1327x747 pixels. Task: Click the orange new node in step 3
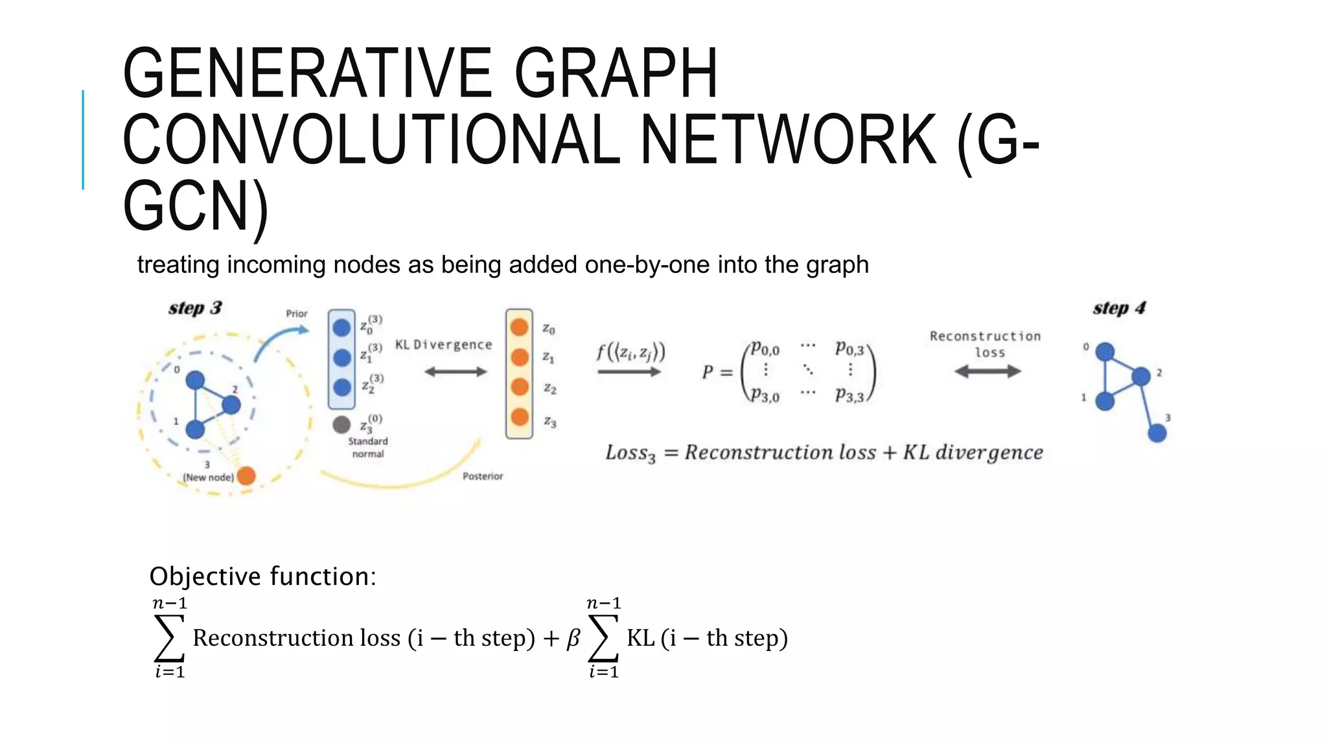click(x=246, y=476)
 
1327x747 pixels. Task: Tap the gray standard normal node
click(x=341, y=425)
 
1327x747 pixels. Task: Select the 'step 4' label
click(x=1119, y=308)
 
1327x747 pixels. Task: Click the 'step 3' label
click(x=195, y=308)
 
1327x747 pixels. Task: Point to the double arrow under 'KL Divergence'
click(x=455, y=372)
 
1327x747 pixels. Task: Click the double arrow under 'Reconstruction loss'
click(x=987, y=372)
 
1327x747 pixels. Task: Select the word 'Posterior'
click(x=483, y=476)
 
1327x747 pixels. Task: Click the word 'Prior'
click(x=297, y=314)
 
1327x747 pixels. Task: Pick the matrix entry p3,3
click(x=849, y=395)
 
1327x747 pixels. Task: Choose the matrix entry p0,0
click(x=765, y=350)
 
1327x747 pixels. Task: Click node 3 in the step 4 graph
click(x=1157, y=433)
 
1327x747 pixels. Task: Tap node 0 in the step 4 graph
click(x=1105, y=352)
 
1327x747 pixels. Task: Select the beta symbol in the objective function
click(x=573, y=639)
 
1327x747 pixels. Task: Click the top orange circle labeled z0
click(x=520, y=327)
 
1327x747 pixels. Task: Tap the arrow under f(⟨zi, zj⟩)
click(x=629, y=372)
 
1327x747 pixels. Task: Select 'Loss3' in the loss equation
click(x=630, y=453)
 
